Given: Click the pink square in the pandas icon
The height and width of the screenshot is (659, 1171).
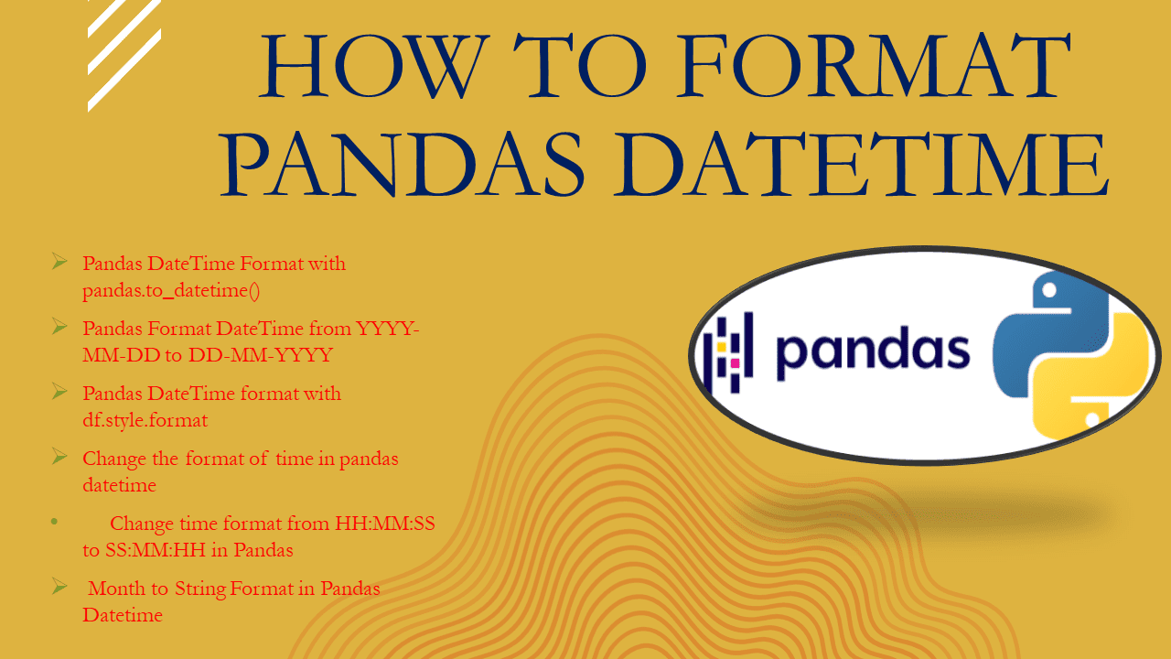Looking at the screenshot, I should pyautogui.click(x=735, y=363).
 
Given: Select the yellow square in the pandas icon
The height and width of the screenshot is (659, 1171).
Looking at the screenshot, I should pyautogui.click(x=721, y=348).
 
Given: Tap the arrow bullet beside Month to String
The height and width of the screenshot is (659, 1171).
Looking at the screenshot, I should pyautogui.click(x=59, y=587).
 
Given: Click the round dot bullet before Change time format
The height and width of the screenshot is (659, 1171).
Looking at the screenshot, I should pyautogui.click(x=55, y=522).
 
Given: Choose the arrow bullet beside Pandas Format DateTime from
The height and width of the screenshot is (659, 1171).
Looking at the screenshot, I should pyautogui.click(x=59, y=326).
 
